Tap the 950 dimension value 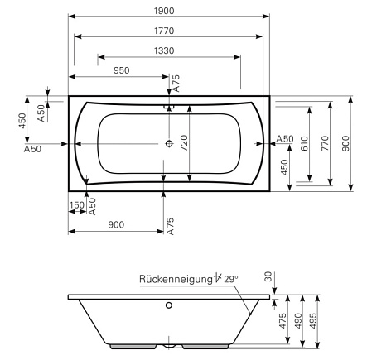click(122, 70)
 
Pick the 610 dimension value click(304, 142)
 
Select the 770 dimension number click(326, 141)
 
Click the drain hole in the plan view click(170, 143)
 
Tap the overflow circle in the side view click(170, 305)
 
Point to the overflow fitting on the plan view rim click(170, 106)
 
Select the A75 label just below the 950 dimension click(175, 83)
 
